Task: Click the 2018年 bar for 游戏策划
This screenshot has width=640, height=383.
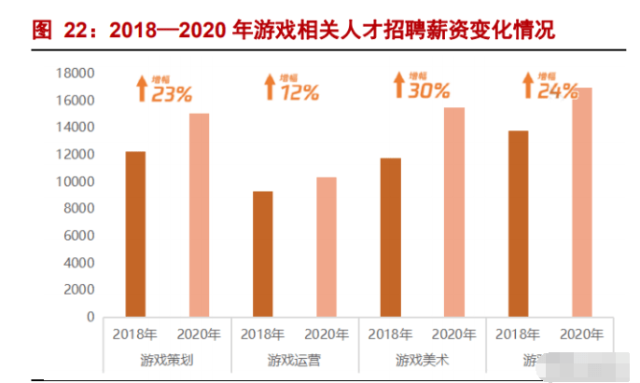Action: (135, 234)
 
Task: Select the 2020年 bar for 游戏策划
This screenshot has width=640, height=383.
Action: (199, 215)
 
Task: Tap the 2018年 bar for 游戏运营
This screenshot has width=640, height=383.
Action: (262, 253)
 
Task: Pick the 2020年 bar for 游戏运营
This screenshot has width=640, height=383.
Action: (326, 247)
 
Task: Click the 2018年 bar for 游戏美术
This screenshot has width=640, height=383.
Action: (390, 238)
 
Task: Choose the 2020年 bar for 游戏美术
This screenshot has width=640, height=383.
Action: (453, 212)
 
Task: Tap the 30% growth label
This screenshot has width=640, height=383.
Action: (427, 90)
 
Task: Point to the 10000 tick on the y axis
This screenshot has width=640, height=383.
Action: (74, 182)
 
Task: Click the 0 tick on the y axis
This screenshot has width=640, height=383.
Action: (90, 317)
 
